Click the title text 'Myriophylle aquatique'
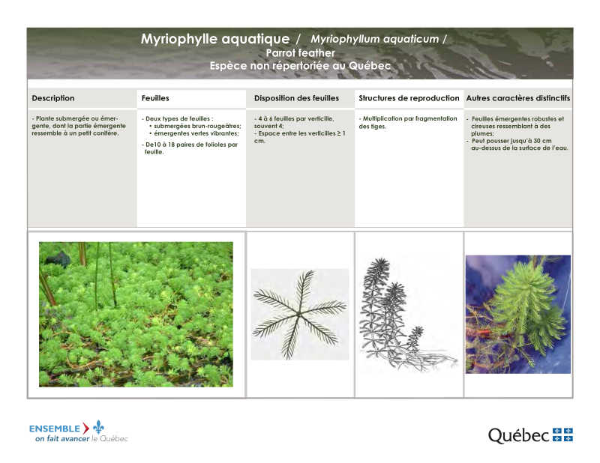coord(215,39)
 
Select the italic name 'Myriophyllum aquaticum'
coord(374,39)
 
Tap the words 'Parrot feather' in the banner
coord(301,52)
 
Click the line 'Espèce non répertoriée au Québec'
coord(300,66)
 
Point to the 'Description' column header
coord(53,98)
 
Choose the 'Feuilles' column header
coord(155,98)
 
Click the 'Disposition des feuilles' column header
coord(296,98)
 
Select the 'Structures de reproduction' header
coord(409,98)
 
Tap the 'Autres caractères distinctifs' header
coord(518,98)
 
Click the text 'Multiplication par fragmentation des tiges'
coord(408,122)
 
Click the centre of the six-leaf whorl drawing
coord(299,314)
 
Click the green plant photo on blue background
coord(518,314)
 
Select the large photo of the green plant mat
coord(136,314)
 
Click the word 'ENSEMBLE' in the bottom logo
coord(55,429)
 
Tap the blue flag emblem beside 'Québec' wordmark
coord(562,435)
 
